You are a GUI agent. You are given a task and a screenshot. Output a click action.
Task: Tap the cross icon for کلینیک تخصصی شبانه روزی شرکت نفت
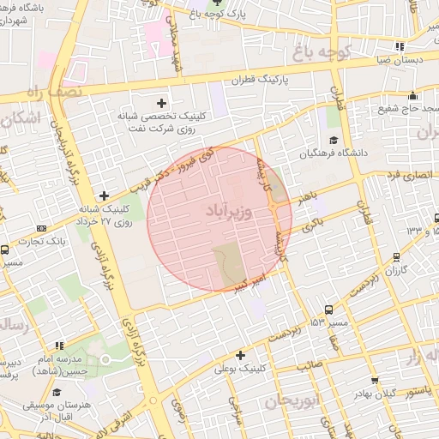point(162,103)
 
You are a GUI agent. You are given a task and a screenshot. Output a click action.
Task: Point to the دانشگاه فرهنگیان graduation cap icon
point(333,140)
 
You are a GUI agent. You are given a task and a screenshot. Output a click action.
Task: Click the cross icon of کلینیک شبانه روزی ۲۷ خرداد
point(105,195)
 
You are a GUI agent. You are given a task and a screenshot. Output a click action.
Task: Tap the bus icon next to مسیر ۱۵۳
point(328,310)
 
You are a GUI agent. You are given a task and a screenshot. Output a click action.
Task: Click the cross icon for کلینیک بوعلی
point(240,355)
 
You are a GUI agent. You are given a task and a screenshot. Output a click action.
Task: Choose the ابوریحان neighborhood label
point(292,400)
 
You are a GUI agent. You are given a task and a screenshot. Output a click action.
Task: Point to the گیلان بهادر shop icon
point(375,380)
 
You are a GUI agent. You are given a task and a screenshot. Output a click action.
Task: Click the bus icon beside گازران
point(395,256)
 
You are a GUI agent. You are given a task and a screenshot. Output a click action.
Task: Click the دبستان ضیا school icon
point(399,46)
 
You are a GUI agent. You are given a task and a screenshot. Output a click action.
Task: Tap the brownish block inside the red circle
point(229,263)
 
